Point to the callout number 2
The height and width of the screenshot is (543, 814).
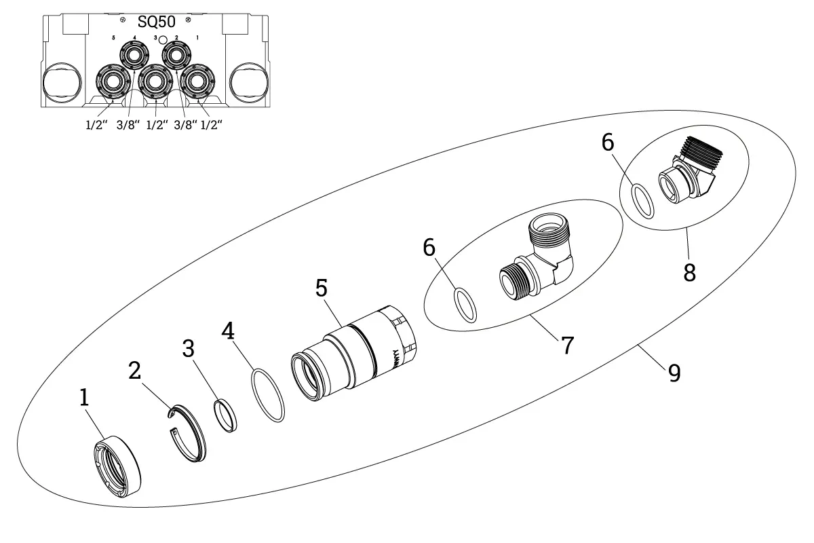click(135, 371)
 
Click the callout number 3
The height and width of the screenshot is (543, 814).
click(189, 349)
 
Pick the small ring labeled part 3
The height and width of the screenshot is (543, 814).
click(226, 415)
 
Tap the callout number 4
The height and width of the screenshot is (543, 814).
click(229, 332)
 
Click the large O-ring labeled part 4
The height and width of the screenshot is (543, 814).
click(267, 395)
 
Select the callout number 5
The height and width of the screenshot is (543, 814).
click(322, 288)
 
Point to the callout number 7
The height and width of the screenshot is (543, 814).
click(567, 345)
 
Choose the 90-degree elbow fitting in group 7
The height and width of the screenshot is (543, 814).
click(543, 261)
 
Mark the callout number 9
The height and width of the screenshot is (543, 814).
click(673, 372)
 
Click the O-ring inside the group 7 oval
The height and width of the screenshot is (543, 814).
click(465, 305)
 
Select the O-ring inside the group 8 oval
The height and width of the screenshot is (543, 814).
click(643, 201)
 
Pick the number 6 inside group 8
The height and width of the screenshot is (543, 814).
click(608, 143)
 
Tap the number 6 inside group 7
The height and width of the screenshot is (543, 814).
click(429, 248)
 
